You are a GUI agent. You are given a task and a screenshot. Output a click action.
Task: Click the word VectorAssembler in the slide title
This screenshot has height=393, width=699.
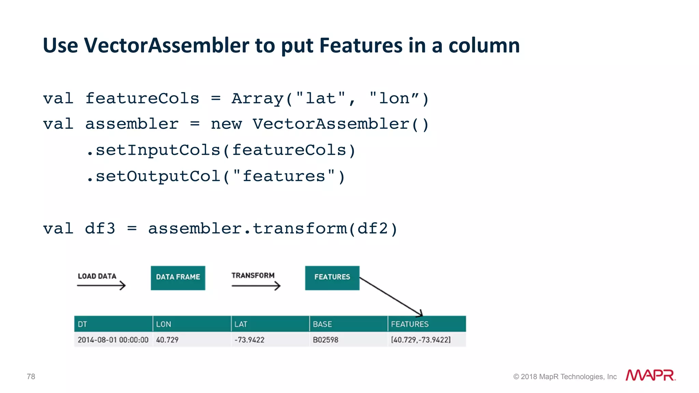(167, 45)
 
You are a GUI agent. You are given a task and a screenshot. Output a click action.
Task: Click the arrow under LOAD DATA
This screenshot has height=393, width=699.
(101, 285)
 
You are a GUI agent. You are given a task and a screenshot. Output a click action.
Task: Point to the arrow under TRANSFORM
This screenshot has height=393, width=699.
(256, 286)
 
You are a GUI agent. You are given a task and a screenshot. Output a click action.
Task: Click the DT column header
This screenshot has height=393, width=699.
(113, 324)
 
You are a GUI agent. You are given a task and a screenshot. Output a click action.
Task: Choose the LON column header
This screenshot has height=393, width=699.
(191, 324)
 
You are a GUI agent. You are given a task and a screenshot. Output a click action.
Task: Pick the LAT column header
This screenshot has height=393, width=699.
(270, 324)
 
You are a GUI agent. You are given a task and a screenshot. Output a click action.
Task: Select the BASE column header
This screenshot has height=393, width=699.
(348, 324)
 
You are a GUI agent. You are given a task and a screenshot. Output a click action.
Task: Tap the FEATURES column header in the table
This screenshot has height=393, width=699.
(427, 324)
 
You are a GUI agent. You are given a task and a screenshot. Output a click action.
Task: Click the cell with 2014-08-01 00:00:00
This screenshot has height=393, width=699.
(113, 340)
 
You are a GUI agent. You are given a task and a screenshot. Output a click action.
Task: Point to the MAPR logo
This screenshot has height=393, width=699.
(650, 375)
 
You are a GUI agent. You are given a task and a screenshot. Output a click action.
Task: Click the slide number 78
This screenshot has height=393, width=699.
(31, 377)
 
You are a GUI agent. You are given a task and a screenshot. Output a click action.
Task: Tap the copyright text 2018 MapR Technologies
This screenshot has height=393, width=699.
(565, 377)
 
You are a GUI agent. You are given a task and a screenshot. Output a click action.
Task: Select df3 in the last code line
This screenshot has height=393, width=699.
(100, 229)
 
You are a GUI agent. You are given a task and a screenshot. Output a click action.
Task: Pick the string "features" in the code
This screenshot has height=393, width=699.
(284, 176)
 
